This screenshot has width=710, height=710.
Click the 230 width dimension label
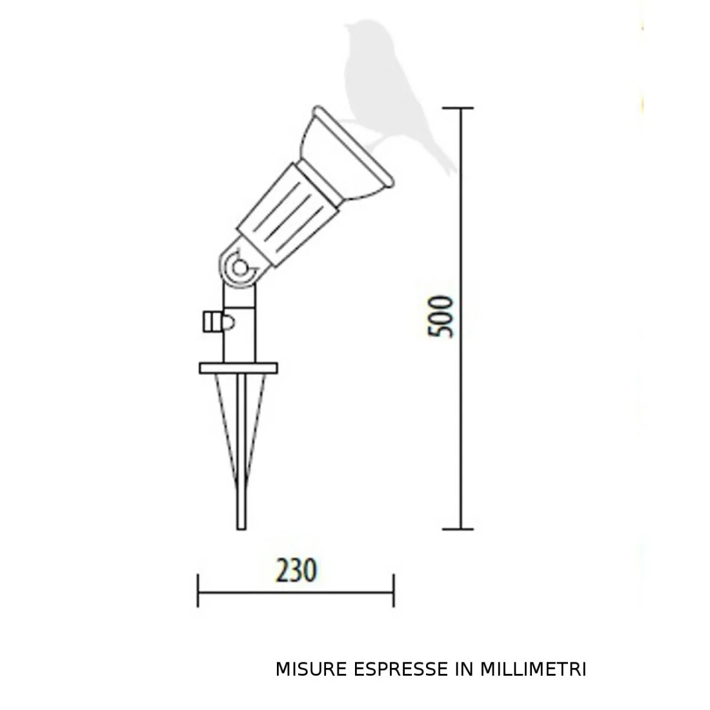click(x=296, y=571)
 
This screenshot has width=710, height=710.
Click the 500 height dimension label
click(x=442, y=316)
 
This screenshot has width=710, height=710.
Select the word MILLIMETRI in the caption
click(x=532, y=669)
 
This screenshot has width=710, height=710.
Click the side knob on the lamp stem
click(x=212, y=321)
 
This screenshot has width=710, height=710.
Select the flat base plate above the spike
click(x=238, y=368)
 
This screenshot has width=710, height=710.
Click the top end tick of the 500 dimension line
click(x=460, y=108)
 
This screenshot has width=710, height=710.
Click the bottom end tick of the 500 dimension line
click(x=460, y=529)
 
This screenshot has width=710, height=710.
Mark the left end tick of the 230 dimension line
click(x=198, y=590)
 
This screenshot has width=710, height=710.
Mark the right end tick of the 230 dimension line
click(x=393, y=590)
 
